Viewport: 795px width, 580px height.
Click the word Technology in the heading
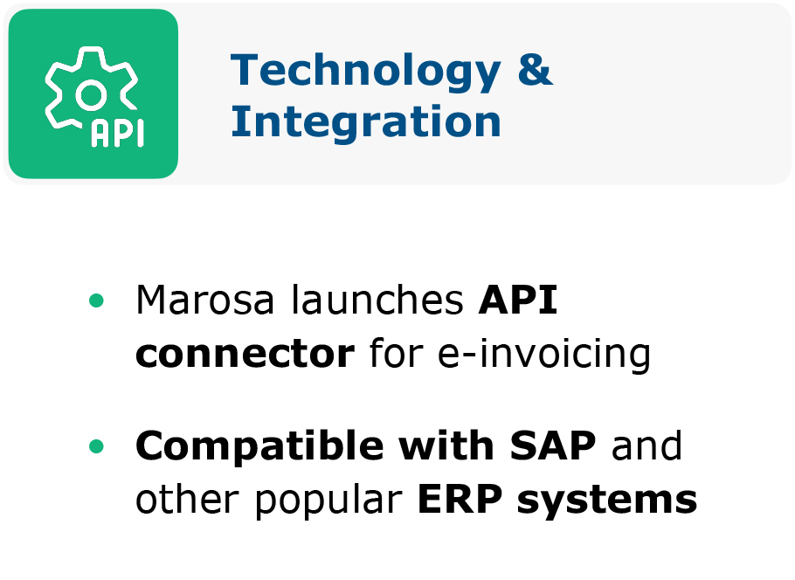[365, 72]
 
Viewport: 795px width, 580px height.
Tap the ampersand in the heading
[536, 69]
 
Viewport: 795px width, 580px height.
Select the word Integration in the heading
[365, 121]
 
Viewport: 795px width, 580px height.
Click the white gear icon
[91, 90]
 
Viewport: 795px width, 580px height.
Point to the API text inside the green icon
[118, 134]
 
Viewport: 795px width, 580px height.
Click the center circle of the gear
[91, 95]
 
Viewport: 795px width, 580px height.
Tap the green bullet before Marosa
[96, 300]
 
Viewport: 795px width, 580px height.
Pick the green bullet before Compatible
[96, 446]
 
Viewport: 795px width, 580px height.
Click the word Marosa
[204, 300]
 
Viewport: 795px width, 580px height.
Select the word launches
[377, 300]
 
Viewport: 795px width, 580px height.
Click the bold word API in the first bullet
[518, 300]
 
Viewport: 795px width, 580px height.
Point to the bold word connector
[245, 354]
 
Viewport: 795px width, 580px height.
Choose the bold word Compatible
[259, 446]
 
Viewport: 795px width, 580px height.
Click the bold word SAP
[553, 445]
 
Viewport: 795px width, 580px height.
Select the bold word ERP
[460, 500]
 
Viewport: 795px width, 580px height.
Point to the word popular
[328, 501]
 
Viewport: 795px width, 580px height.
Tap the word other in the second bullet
[187, 499]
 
